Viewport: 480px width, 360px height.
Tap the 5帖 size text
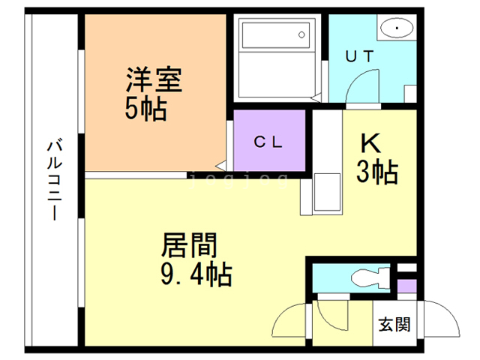click(x=145, y=110)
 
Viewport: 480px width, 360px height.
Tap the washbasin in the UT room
click(x=394, y=28)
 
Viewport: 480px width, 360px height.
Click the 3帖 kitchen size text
click(x=376, y=173)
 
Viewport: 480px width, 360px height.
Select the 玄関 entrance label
click(x=394, y=325)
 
